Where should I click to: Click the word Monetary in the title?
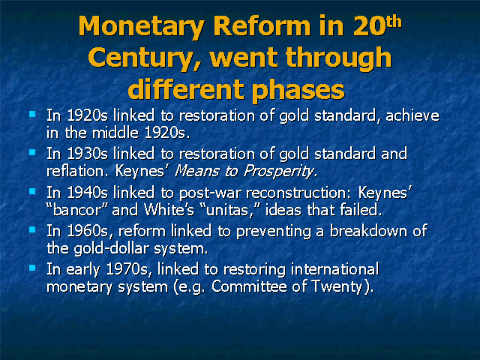click(x=142, y=27)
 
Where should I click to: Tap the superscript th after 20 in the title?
click(x=393, y=22)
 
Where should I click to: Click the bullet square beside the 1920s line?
click(x=32, y=114)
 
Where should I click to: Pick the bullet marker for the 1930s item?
click(x=32, y=152)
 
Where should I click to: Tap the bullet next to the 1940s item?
click(x=32, y=191)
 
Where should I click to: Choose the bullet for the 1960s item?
click(x=32, y=229)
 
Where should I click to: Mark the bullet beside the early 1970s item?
click(x=32, y=268)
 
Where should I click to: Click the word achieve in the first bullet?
click(x=412, y=115)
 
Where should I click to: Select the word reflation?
click(x=77, y=171)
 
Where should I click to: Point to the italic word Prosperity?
click(x=280, y=172)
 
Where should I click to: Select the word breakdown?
click(x=368, y=231)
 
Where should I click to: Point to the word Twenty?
click(x=337, y=287)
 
